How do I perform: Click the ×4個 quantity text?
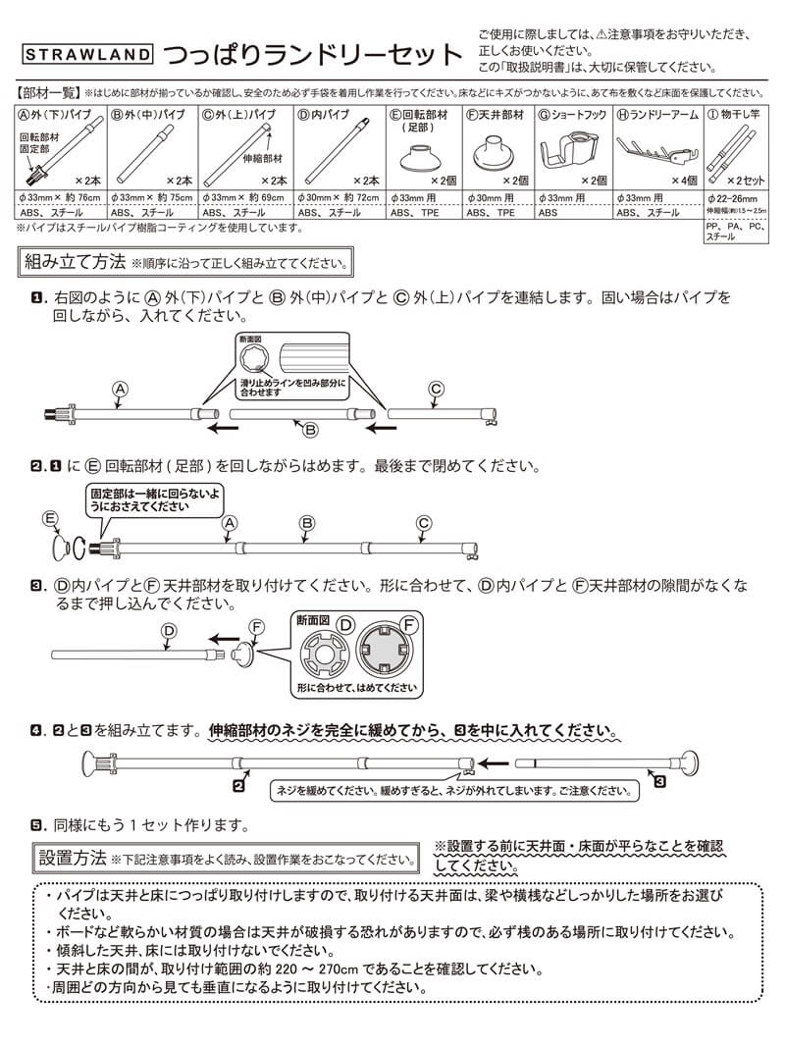pyautogui.click(x=681, y=181)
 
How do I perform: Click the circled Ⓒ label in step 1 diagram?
pyautogui.click(x=436, y=390)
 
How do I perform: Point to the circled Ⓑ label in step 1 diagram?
pyautogui.click(x=309, y=429)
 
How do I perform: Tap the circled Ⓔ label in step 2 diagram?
pyautogui.click(x=51, y=517)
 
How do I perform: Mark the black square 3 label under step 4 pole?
pyautogui.click(x=659, y=782)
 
